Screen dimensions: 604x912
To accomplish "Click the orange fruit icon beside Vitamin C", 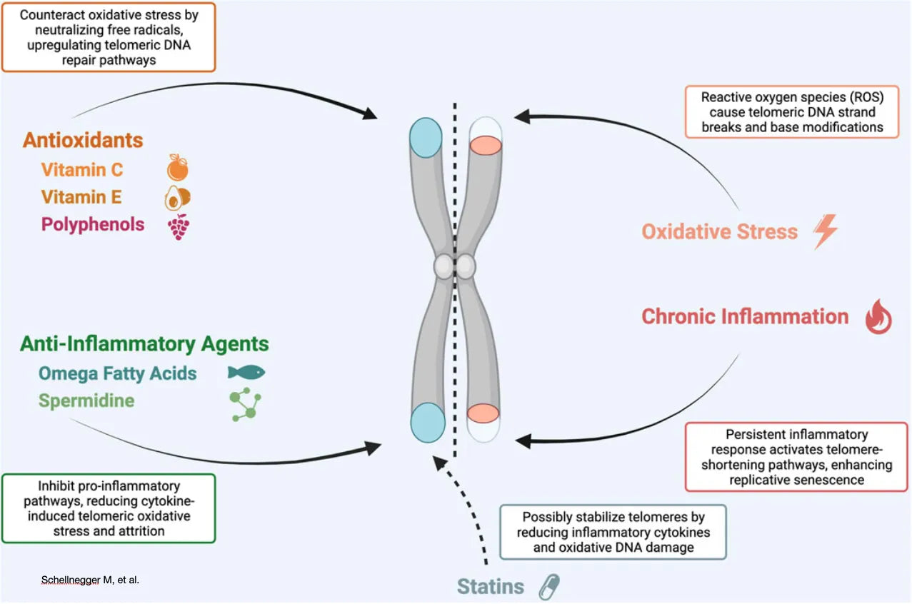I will tap(177, 168).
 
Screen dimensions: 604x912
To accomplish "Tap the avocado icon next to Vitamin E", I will tap(177, 196).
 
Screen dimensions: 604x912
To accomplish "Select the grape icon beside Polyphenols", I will tap(177, 226).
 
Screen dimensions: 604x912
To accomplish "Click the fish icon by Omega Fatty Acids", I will tap(246, 372).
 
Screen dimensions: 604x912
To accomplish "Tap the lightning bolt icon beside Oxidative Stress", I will tap(826, 232).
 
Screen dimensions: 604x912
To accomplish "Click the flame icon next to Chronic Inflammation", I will tap(878, 318).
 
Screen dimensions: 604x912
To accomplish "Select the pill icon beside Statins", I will tap(548, 587).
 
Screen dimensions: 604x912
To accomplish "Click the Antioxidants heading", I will tap(83, 139).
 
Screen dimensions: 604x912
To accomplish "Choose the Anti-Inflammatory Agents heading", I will tap(144, 343).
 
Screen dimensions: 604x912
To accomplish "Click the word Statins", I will tap(491, 587).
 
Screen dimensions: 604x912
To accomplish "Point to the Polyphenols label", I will tap(93, 224).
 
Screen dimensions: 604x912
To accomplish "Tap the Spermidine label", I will tap(86, 401).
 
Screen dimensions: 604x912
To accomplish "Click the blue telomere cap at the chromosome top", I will tap(427, 134).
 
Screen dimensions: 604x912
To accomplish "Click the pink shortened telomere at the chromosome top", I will tap(485, 144).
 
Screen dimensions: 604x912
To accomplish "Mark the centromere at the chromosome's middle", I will tap(455, 266).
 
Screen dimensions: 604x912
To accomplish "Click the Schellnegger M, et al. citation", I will tap(90, 580).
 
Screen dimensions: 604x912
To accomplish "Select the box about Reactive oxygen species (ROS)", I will tap(792, 111).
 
